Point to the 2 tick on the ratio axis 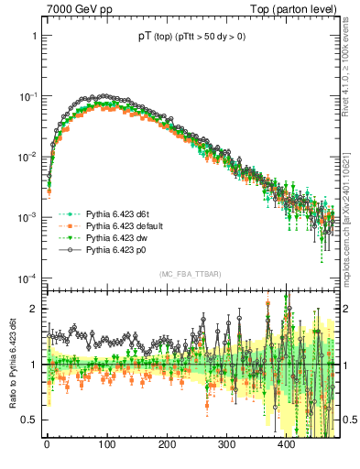(x=33, y=308)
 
